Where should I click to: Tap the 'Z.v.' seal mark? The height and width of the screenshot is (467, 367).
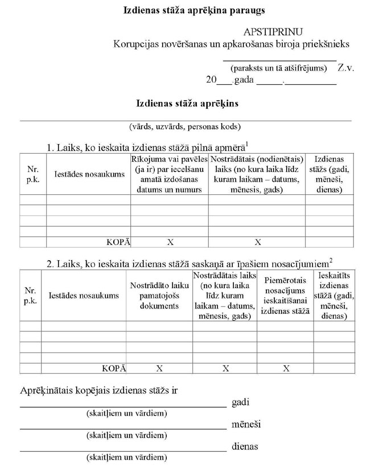(x=345, y=68)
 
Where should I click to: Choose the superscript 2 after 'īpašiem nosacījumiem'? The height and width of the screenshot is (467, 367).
(x=331, y=260)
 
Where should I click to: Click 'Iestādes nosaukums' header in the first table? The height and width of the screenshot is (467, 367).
(x=89, y=174)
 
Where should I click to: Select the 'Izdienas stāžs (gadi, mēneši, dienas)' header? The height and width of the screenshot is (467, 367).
(x=328, y=174)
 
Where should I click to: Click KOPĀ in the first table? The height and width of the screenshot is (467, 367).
(x=118, y=242)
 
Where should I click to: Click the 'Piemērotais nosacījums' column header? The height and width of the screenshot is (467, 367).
(x=285, y=296)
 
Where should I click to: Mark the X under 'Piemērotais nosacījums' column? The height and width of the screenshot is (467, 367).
(x=285, y=368)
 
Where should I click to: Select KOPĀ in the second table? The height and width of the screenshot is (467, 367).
(x=114, y=368)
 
